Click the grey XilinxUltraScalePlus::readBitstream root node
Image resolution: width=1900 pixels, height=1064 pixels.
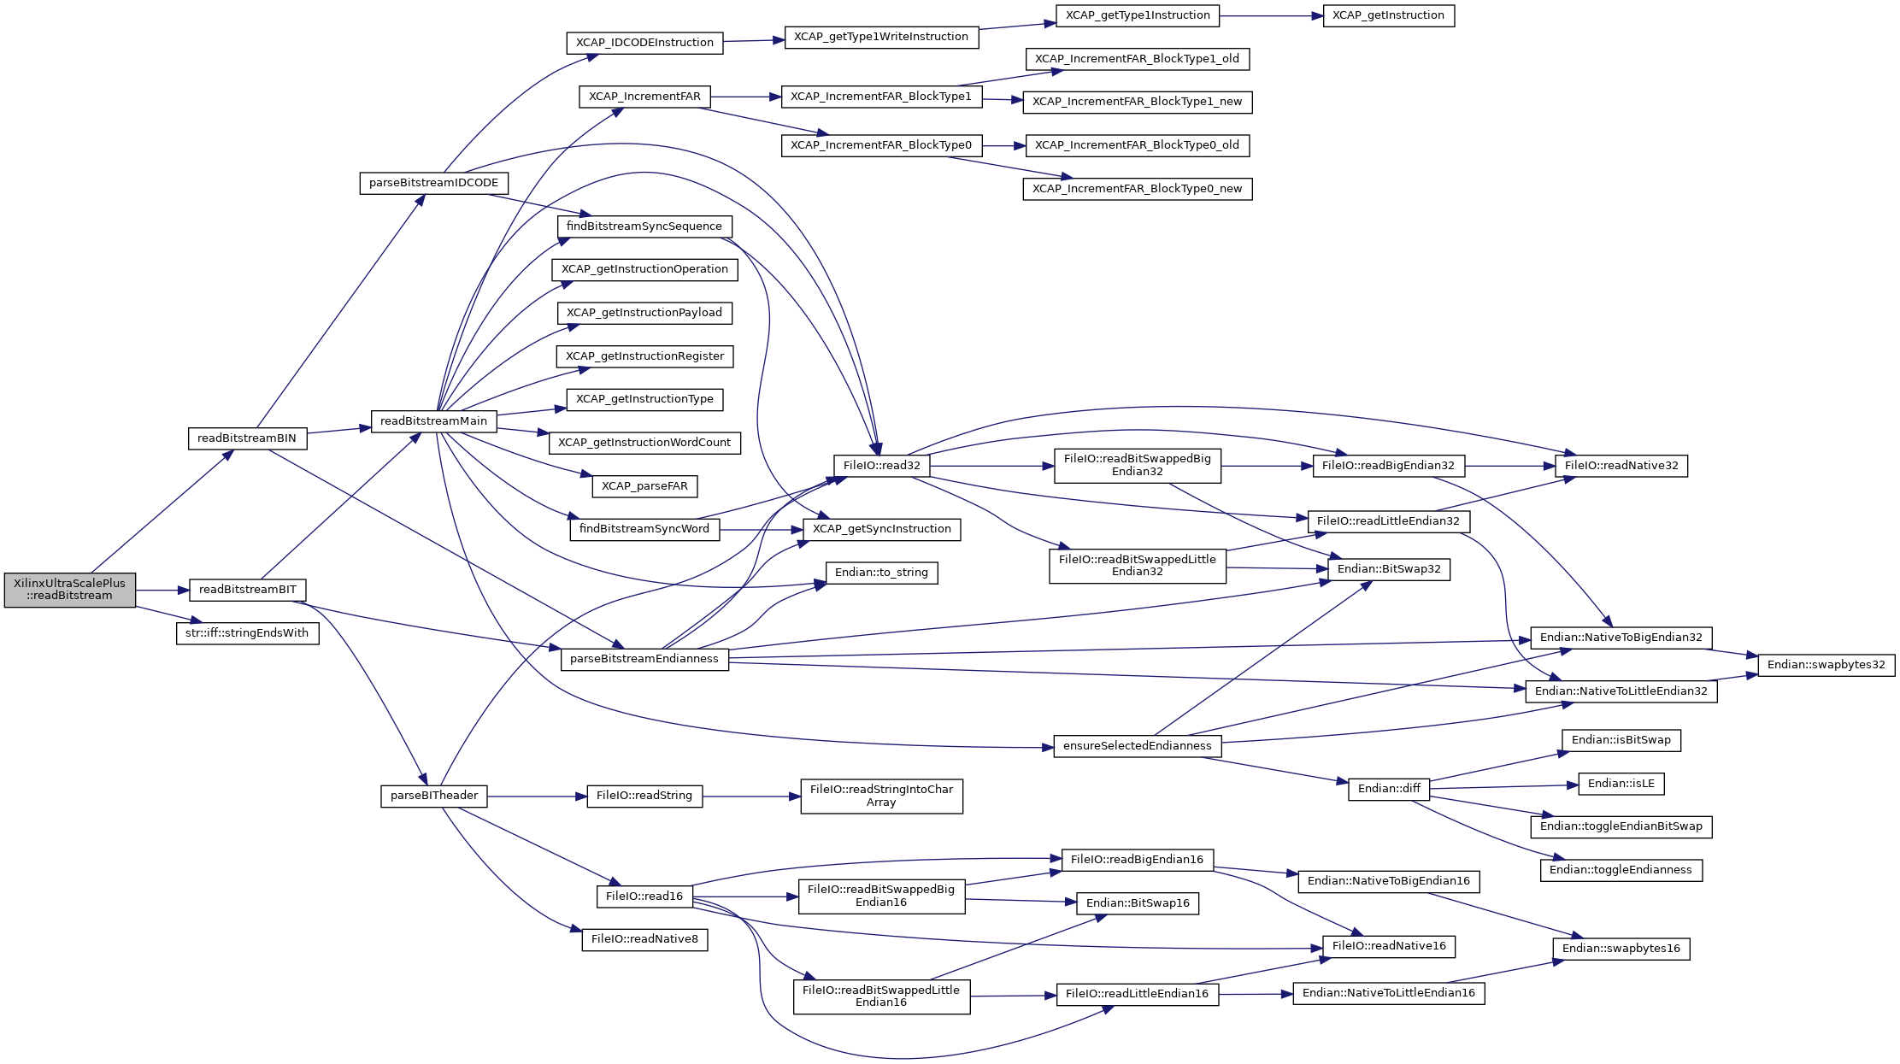click(69, 590)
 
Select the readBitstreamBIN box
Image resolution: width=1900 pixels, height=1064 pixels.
click(246, 438)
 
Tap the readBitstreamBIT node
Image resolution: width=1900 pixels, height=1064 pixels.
click(247, 590)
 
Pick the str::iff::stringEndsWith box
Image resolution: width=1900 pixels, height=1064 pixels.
click(247, 633)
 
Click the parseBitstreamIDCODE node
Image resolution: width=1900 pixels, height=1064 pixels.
click(433, 183)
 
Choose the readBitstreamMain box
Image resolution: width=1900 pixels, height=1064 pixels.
click(433, 421)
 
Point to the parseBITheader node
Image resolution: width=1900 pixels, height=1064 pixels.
click(433, 796)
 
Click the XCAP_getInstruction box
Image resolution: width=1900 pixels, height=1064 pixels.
click(1388, 15)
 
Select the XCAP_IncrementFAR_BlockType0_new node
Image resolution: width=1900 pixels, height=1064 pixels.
click(1137, 189)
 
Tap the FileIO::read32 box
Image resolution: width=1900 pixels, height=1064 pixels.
click(881, 466)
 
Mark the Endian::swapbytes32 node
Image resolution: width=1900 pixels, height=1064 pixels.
click(1826, 665)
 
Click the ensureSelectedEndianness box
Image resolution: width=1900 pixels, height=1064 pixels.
click(1137, 746)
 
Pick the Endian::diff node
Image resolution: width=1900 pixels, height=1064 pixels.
click(1389, 789)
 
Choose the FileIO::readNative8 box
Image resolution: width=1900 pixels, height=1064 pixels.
click(644, 939)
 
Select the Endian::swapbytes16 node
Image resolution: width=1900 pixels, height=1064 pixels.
click(1621, 949)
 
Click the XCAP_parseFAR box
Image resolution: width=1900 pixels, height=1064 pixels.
click(644, 486)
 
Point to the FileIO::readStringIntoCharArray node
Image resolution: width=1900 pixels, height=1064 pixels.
click(881, 796)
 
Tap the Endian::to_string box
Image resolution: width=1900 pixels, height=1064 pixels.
click(881, 573)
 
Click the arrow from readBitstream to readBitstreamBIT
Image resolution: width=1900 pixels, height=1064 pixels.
click(162, 591)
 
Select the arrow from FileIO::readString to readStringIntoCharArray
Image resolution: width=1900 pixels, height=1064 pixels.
click(751, 797)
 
